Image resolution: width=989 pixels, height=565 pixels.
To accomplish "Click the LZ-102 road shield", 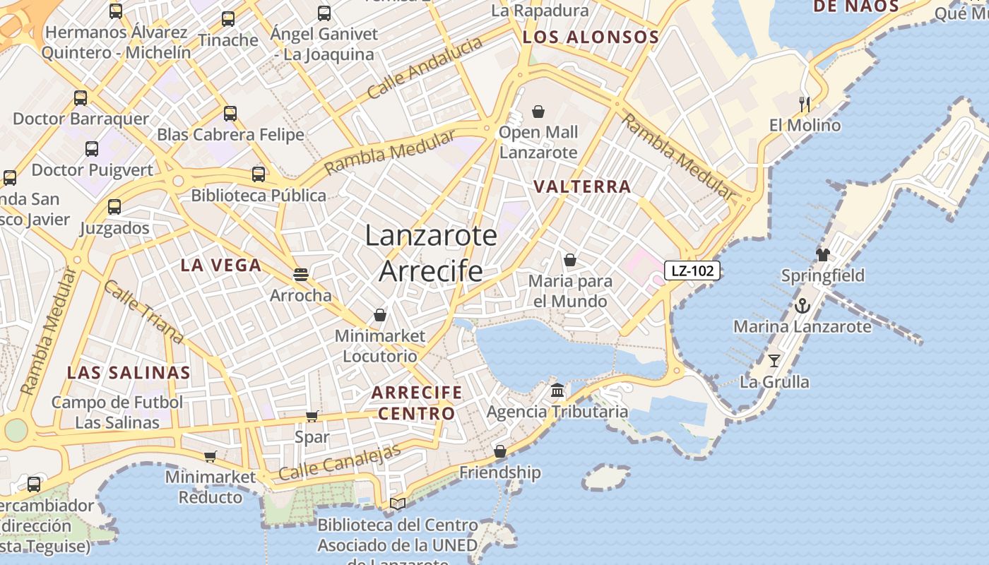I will tap(692, 270).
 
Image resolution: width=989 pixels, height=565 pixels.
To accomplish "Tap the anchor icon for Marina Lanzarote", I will tap(802, 306).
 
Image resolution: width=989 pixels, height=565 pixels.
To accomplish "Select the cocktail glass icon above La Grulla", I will tap(774, 361).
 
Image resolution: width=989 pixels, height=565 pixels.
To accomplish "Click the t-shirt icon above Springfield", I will tap(822, 254).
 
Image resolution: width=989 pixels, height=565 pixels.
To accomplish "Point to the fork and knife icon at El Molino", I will tap(805, 105).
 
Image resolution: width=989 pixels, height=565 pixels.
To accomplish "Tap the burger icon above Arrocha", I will tap(301, 275).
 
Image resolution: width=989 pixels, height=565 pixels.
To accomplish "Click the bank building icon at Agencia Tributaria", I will tap(557, 391).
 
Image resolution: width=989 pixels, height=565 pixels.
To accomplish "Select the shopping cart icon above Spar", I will tap(312, 417).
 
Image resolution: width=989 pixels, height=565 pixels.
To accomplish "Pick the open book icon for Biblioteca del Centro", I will tap(398, 504).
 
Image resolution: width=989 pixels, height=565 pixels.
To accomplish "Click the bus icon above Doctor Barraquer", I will tap(81, 98).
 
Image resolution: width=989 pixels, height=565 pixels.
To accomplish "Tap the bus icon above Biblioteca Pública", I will tap(259, 174).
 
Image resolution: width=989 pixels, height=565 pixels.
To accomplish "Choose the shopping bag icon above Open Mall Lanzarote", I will tap(538, 112).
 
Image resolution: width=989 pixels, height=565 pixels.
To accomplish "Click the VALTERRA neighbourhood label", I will tap(582, 186).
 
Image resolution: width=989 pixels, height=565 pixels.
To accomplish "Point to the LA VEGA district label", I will tap(220, 266).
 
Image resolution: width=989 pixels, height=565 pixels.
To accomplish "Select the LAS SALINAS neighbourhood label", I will tap(129, 373).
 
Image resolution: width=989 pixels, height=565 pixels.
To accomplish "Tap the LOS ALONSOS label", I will tap(591, 37).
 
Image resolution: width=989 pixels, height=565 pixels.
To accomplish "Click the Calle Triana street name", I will tap(143, 311).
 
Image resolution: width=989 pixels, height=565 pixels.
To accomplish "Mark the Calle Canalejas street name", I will tap(340, 462).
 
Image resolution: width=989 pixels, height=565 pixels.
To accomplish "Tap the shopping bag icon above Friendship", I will tap(500, 451).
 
